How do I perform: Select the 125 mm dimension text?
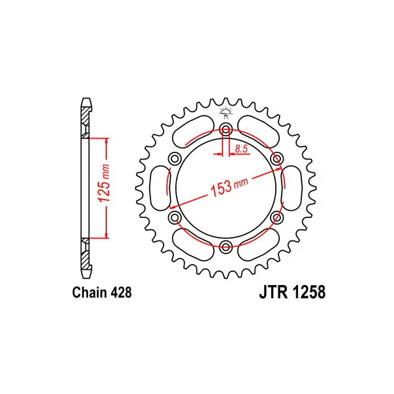[x=104, y=183]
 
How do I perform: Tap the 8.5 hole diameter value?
[x=241, y=149]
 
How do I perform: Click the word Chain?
[x=89, y=292]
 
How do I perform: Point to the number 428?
[x=120, y=292]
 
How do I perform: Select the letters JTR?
[x=273, y=292]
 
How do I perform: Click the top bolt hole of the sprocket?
[x=226, y=130]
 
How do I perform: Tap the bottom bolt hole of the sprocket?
[x=226, y=246]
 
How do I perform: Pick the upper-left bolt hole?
[x=175, y=159]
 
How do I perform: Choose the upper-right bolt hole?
[x=276, y=159]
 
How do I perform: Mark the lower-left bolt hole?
[x=175, y=217]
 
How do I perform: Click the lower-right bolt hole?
[x=276, y=217]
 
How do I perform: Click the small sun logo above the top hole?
[x=225, y=112]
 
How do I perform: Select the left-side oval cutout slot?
[x=160, y=188]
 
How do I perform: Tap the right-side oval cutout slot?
[x=292, y=188]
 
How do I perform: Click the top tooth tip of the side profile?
[x=86, y=98]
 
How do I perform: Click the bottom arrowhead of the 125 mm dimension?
[x=107, y=235]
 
